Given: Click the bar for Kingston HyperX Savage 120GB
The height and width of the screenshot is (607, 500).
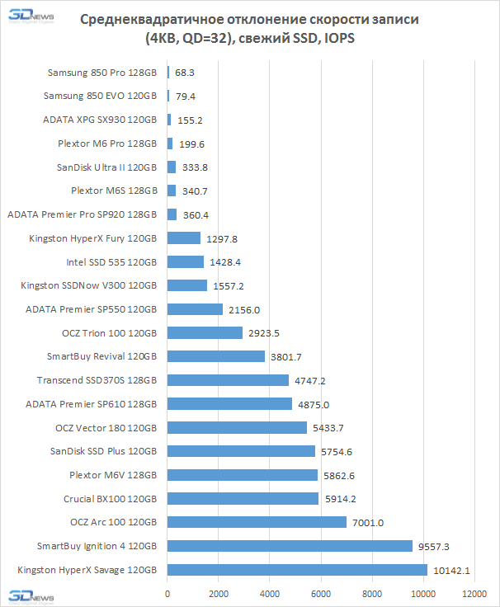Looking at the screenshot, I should pyautogui.click(x=297, y=570).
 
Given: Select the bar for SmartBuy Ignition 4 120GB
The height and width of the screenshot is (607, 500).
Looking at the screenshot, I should pyautogui.click(x=290, y=546).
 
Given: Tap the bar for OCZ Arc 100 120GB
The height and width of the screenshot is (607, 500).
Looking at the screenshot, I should pyautogui.click(x=257, y=522).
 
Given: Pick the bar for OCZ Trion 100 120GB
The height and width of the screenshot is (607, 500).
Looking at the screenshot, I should pyautogui.click(x=205, y=332).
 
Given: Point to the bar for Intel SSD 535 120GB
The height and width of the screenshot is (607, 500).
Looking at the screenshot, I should pyautogui.click(x=186, y=261).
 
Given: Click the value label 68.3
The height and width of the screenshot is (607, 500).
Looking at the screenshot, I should pyautogui.click(x=185, y=73).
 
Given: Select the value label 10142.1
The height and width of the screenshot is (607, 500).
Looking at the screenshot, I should pyautogui.click(x=451, y=570).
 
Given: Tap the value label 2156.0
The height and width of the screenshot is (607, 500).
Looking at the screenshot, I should pyautogui.click(x=244, y=309).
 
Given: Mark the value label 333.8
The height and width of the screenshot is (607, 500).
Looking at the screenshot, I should pyautogui.click(x=196, y=167).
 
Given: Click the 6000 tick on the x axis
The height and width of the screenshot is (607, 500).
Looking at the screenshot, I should pyautogui.click(x=321, y=594).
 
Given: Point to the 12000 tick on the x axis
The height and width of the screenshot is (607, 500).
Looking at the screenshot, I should pyautogui.click(x=474, y=594).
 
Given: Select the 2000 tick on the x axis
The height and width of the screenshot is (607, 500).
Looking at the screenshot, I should pyautogui.click(x=219, y=594).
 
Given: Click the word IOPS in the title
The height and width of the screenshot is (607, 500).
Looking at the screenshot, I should pyautogui.click(x=337, y=39).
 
